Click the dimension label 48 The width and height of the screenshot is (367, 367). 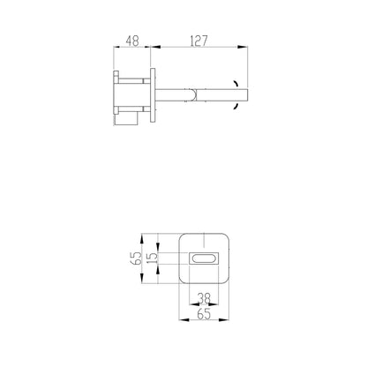(132, 41)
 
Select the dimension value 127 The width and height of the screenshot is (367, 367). (198, 41)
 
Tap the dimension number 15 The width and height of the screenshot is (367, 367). (152, 258)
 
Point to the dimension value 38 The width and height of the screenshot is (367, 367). (204, 298)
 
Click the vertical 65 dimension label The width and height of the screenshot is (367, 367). (136, 258)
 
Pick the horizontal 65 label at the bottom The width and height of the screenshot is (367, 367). (204, 314)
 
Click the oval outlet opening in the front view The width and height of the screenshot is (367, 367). (204, 258)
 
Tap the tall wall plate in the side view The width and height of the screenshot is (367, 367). (153, 95)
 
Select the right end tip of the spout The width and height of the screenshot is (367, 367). (248, 95)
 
